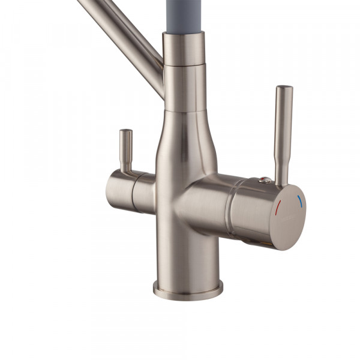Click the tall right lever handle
pyautogui.click(x=282, y=132)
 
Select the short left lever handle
pyautogui.click(x=125, y=150)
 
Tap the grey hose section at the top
pyautogui.click(x=184, y=15)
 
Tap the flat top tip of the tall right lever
pyautogui.click(x=284, y=88)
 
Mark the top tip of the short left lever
pyautogui.click(x=125, y=131)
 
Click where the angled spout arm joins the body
pyautogui.click(x=160, y=78)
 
